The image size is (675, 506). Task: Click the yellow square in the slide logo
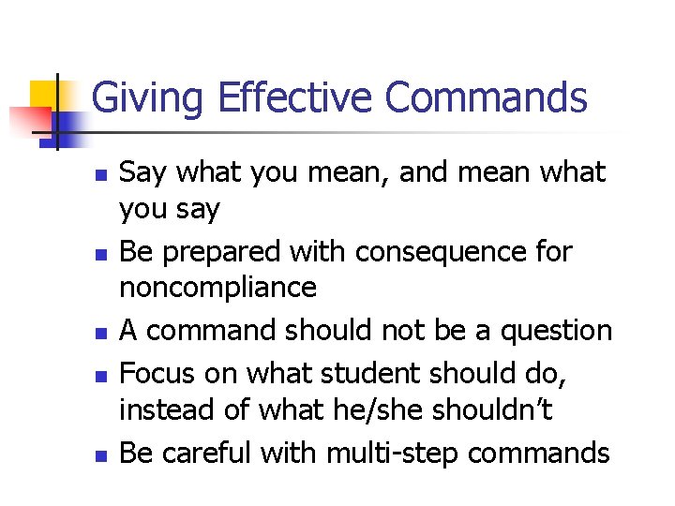click(45, 97)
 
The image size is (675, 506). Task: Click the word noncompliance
click(217, 288)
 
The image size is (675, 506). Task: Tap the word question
click(557, 332)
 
